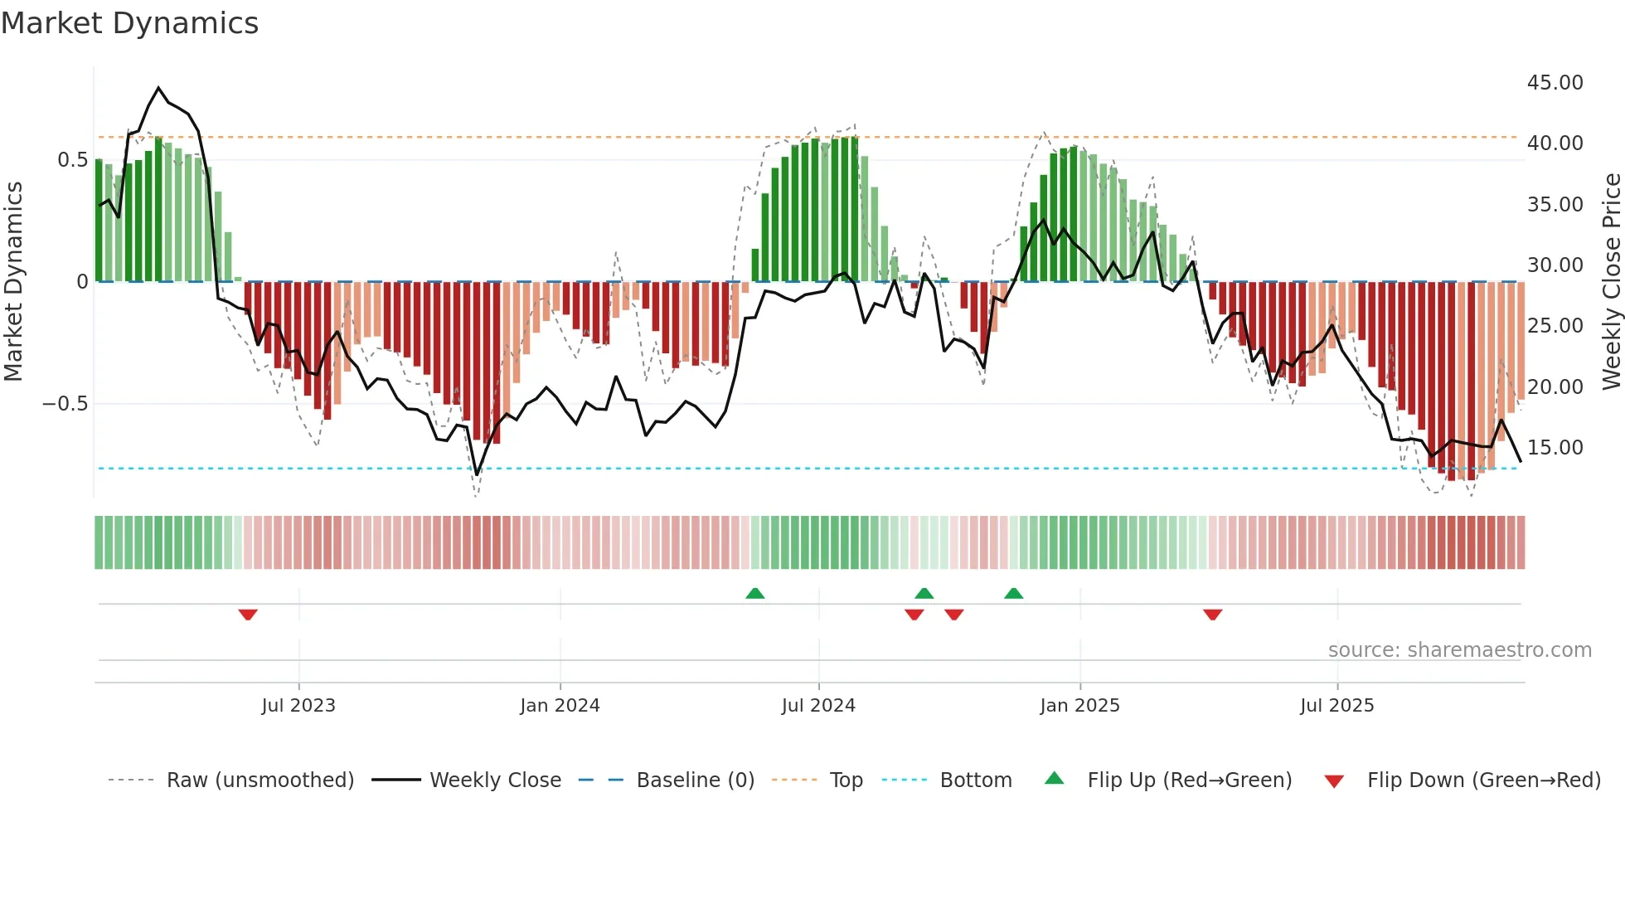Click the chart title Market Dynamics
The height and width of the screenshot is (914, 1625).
(129, 23)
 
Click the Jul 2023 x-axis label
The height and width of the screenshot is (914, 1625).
(298, 706)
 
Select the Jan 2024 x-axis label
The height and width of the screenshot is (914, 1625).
(560, 706)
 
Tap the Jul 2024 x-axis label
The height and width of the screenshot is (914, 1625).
(818, 706)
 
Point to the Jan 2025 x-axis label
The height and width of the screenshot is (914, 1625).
(1079, 706)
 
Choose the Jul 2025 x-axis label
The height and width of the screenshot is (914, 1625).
(1336, 706)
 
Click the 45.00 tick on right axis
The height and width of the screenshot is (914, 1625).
(1555, 83)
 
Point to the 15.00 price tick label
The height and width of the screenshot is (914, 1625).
(1555, 448)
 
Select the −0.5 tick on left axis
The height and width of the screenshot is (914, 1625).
(65, 404)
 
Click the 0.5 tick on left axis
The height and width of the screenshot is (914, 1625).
(72, 160)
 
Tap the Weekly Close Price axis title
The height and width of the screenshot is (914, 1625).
(1611, 282)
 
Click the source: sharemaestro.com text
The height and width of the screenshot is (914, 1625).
(1459, 650)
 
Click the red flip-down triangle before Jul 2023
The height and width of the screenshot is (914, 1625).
(248, 615)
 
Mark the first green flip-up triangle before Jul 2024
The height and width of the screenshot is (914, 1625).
(754, 593)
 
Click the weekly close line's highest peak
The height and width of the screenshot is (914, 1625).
(158, 88)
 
